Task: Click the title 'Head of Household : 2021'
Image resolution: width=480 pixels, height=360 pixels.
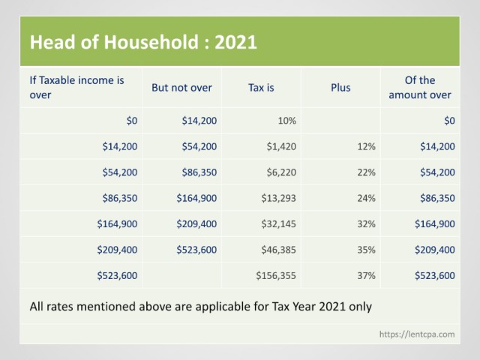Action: (x=143, y=42)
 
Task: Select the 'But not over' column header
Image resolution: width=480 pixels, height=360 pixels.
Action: (x=181, y=88)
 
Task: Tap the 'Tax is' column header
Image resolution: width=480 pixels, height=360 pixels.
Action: (x=261, y=88)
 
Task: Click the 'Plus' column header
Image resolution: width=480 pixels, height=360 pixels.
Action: (x=340, y=88)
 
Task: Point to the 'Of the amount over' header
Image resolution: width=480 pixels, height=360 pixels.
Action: (x=420, y=88)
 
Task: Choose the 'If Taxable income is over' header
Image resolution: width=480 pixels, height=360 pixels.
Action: (x=76, y=88)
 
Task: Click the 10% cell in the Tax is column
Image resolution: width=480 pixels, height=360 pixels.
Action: (x=286, y=121)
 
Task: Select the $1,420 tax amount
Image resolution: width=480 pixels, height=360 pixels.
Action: (x=281, y=146)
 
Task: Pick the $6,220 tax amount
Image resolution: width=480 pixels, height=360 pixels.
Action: (x=281, y=172)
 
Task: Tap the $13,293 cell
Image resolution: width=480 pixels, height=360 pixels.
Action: (x=278, y=198)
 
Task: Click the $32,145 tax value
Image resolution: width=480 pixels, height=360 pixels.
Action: (x=278, y=223)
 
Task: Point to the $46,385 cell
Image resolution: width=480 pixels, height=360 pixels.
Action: (x=278, y=250)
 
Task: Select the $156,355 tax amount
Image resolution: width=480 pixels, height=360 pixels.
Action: (x=276, y=275)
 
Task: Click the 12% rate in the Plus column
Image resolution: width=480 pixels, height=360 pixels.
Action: (x=367, y=146)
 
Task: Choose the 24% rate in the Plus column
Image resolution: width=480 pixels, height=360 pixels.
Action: (x=367, y=198)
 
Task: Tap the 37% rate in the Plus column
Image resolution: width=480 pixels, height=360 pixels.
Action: (x=367, y=275)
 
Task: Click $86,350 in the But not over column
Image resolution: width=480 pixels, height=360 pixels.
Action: (x=199, y=172)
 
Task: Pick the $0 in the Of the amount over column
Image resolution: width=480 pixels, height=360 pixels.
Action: (x=449, y=121)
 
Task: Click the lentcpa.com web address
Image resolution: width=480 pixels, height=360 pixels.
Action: (x=417, y=334)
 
